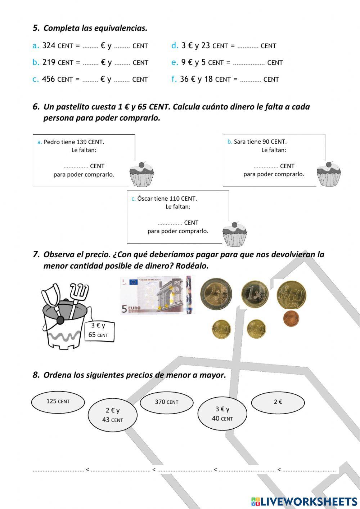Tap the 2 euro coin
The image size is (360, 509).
[x=216, y=294]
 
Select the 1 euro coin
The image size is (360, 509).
[x=255, y=294]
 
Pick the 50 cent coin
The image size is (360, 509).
[x=291, y=295]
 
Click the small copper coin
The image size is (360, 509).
[x=291, y=318]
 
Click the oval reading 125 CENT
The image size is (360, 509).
[x=58, y=402]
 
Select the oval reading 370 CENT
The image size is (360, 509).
[x=166, y=402]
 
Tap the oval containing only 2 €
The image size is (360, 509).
[x=278, y=402]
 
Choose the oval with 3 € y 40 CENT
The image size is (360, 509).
[x=222, y=414]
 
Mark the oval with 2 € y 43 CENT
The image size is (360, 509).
[x=113, y=415]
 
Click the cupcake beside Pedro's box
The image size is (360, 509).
[x=141, y=174]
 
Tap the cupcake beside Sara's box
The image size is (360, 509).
[x=328, y=174]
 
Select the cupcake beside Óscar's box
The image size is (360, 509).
[x=234, y=234]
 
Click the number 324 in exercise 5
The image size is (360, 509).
[x=49, y=46]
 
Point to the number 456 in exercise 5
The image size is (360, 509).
[x=48, y=79]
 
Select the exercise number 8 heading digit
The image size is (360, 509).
[x=36, y=375]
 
